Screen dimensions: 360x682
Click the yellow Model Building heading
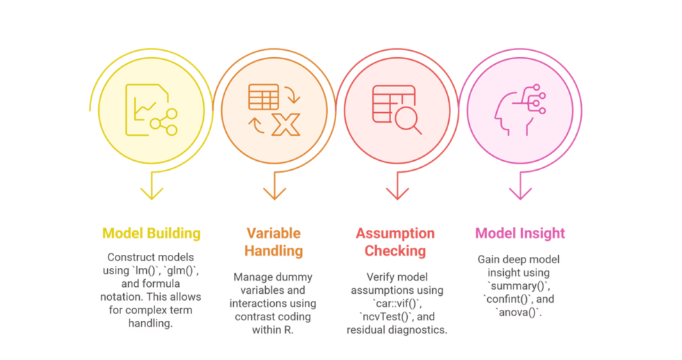pyautogui.click(x=151, y=233)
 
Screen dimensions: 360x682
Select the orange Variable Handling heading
pyautogui.click(x=274, y=242)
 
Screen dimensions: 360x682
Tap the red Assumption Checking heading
pyautogui.click(x=395, y=242)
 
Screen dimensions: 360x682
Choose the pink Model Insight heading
pyautogui.click(x=520, y=233)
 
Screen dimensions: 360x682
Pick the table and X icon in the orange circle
pyautogui.click(x=273, y=109)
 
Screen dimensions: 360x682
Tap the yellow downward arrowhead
pyautogui.click(x=151, y=193)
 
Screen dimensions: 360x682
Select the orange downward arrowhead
pyautogui.click(x=274, y=193)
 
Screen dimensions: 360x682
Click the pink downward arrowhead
pyautogui.click(x=520, y=193)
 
